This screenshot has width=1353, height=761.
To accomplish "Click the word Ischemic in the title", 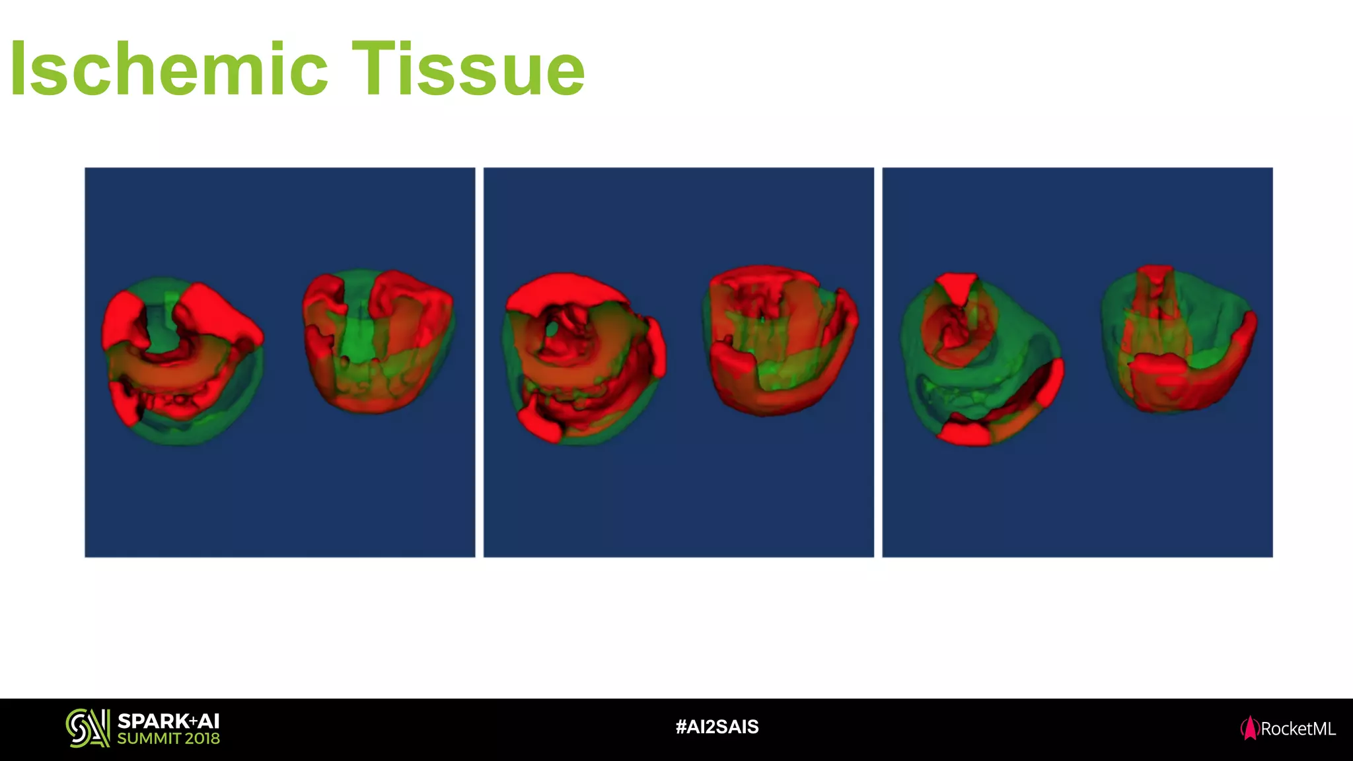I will click(x=169, y=69).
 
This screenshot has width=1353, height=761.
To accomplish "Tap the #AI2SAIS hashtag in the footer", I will click(x=717, y=727).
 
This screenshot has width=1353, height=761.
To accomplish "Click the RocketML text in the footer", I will click(x=1298, y=729).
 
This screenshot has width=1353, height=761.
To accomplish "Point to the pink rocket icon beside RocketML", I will click(x=1249, y=728).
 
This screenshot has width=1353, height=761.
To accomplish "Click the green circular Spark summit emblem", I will click(x=87, y=728).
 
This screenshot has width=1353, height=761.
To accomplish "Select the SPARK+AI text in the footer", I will click(x=168, y=721).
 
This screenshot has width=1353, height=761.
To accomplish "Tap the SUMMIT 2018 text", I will click(x=168, y=739).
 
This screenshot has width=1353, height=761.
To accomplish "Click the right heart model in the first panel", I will click(x=378, y=341).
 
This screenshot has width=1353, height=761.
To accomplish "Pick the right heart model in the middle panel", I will click(x=780, y=340).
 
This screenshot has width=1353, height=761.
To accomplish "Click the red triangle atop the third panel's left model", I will click(x=957, y=286).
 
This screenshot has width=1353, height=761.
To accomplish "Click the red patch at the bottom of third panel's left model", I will click(x=964, y=434).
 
